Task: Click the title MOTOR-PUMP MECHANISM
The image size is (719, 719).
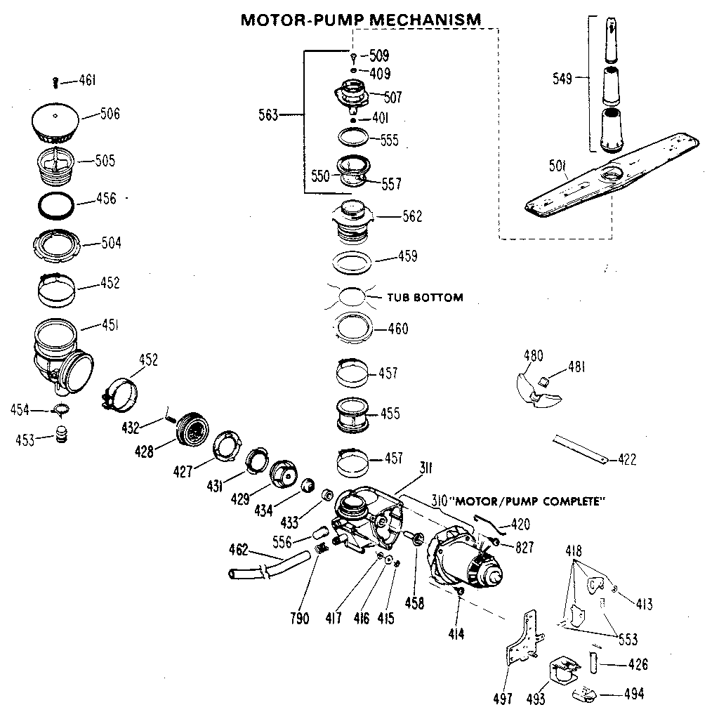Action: pos(361,19)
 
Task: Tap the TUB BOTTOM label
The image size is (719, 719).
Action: pos(425,298)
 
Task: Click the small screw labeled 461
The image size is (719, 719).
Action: pos(56,84)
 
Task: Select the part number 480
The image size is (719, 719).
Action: pos(534,356)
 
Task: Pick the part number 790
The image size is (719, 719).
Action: pos(299,619)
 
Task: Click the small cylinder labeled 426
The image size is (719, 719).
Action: pos(593,661)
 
